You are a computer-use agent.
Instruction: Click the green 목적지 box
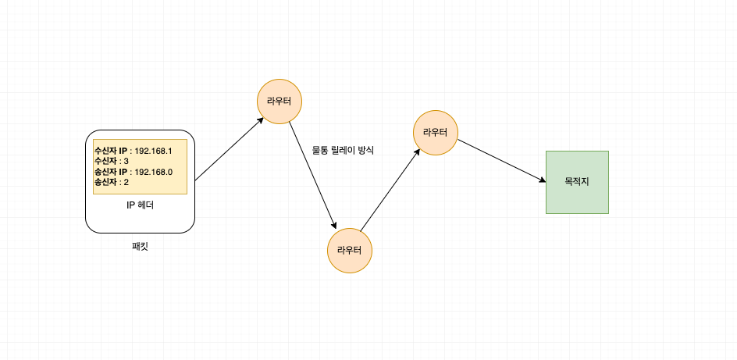(576, 182)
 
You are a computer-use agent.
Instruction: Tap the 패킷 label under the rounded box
(140, 246)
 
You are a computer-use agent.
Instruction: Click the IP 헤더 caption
(140, 206)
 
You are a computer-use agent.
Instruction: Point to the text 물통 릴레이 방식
(343, 150)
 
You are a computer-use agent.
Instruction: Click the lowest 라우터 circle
(349, 251)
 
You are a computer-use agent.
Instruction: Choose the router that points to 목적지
(435, 133)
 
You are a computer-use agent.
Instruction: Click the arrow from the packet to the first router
(229, 149)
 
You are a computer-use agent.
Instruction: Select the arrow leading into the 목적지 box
(500, 161)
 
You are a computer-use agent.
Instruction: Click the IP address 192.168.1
(153, 151)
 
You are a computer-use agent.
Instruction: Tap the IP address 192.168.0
(154, 172)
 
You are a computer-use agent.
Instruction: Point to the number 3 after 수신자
(126, 161)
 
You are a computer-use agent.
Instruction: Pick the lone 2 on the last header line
(126, 182)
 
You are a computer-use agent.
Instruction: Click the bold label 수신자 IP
(110, 151)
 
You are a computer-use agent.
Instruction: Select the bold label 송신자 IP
(110, 172)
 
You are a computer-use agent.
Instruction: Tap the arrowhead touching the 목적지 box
(541, 180)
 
